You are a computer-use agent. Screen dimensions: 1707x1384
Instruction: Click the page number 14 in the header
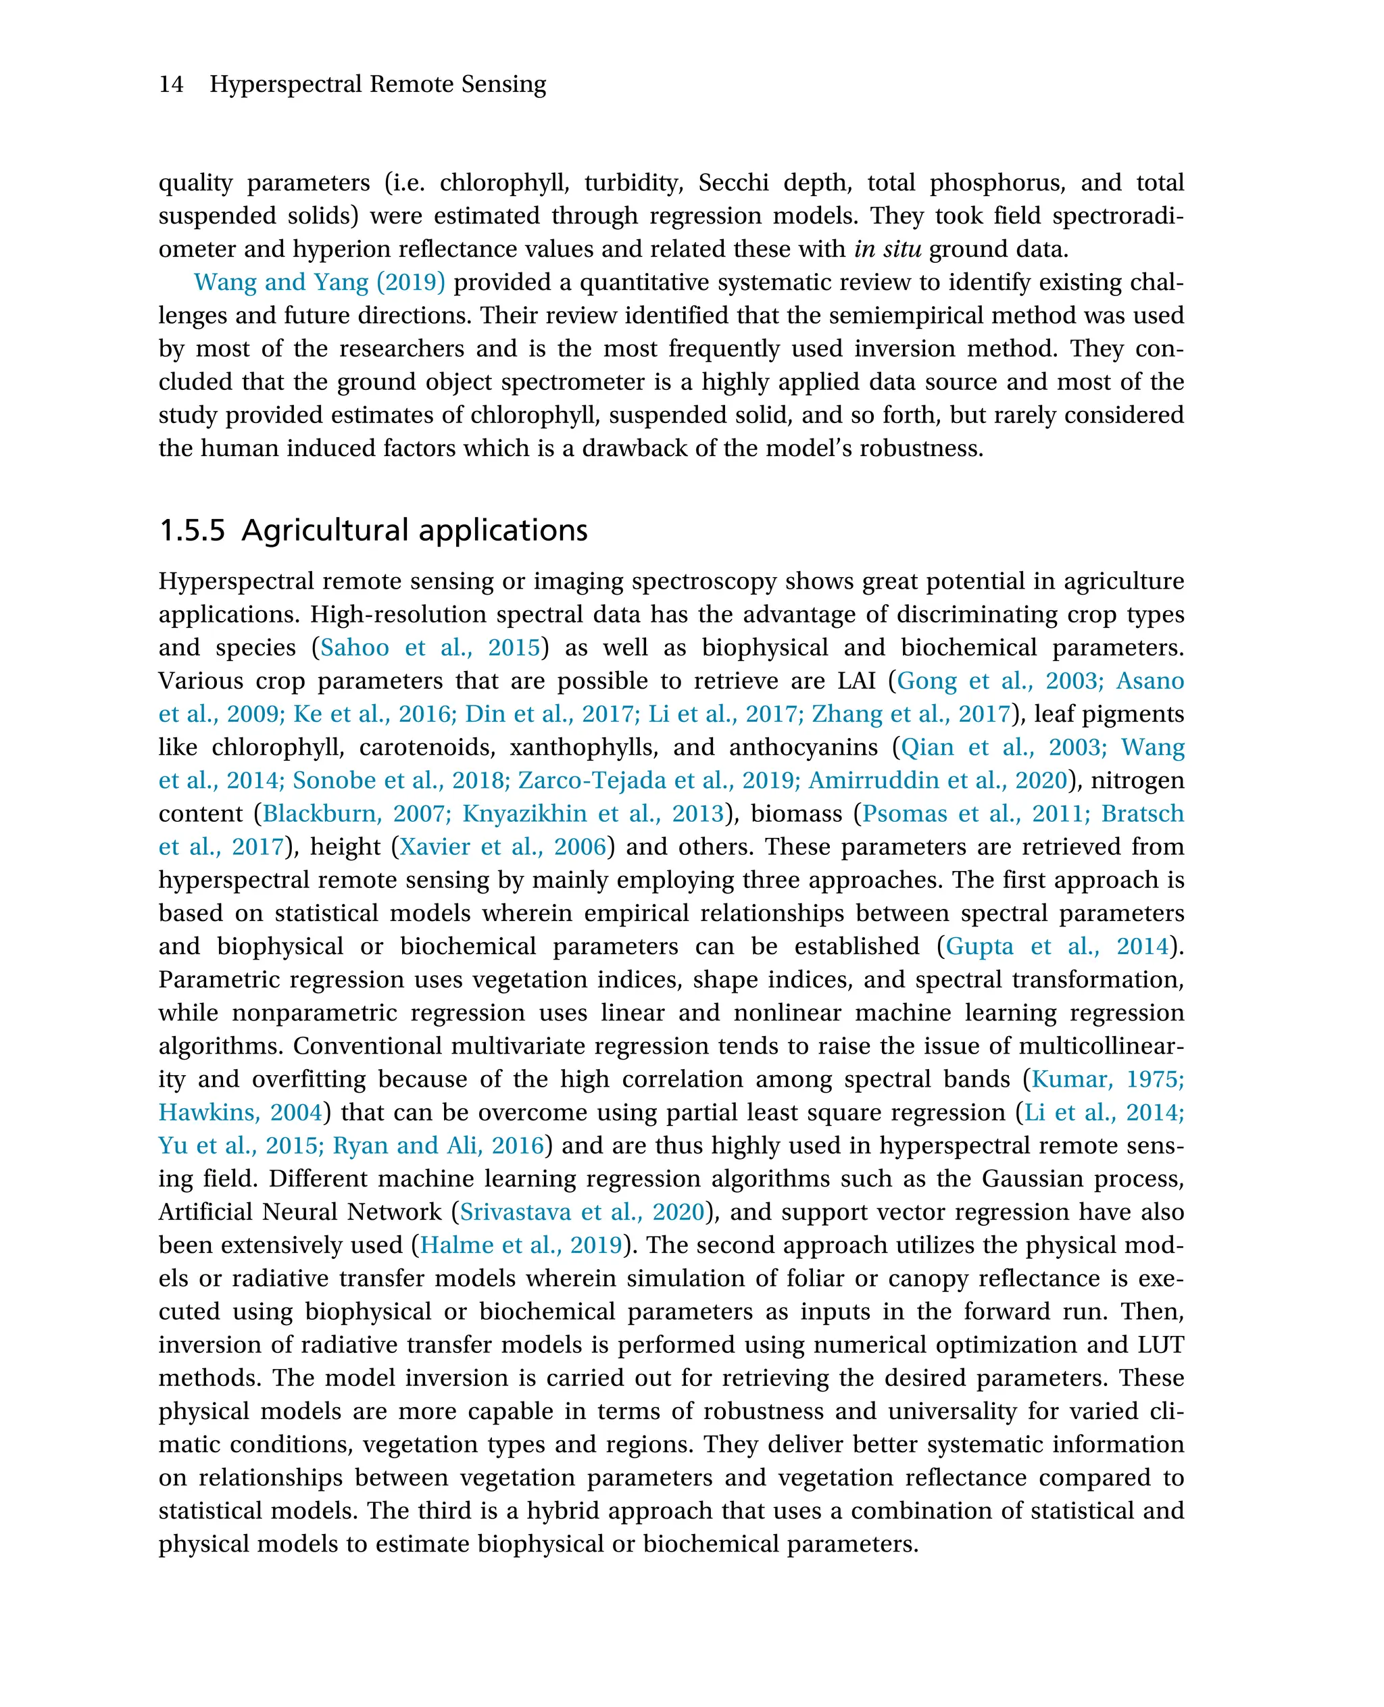tap(172, 84)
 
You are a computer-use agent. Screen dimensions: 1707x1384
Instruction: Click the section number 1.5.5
tap(192, 530)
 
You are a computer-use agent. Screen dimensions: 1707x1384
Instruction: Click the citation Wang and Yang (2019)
tap(319, 282)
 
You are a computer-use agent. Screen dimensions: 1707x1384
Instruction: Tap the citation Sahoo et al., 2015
tap(430, 647)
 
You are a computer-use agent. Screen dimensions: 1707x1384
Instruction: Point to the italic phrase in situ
tap(887, 249)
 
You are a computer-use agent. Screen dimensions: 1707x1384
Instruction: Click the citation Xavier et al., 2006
tap(502, 846)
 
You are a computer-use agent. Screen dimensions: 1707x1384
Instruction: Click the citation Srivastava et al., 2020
tap(582, 1212)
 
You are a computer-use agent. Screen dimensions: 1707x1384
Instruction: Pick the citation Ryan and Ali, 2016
tap(438, 1145)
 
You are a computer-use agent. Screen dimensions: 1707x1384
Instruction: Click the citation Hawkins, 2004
tap(240, 1112)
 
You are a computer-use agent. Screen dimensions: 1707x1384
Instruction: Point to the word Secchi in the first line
tap(733, 182)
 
